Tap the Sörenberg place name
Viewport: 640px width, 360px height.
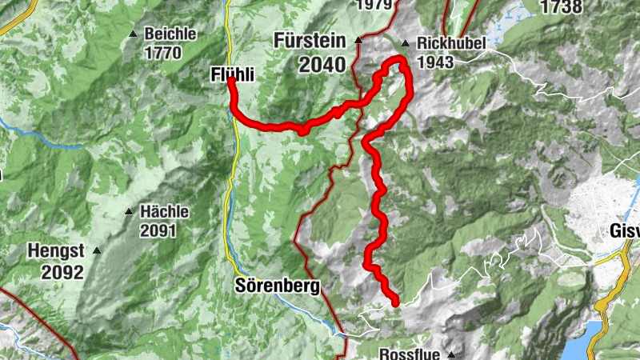pos(278,286)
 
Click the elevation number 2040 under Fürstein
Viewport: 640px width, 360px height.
pos(322,64)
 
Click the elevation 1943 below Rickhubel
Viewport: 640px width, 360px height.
pos(435,62)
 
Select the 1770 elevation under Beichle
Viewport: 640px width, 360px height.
pos(163,54)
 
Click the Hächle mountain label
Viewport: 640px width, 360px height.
pos(164,212)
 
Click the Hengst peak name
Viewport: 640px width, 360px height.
pos(55,251)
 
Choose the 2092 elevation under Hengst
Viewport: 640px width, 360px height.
pos(63,273)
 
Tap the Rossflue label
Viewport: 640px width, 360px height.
pos(410,354)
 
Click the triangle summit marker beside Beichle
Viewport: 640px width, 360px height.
pos(133,34)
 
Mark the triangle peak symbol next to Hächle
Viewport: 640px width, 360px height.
pos(128,212)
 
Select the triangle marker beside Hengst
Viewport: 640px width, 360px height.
pos(97,251)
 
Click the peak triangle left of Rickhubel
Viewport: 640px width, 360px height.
pos(405,44)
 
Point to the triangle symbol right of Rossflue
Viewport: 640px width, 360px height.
pos(451,354)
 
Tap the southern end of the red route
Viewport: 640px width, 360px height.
pos(394,302)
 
